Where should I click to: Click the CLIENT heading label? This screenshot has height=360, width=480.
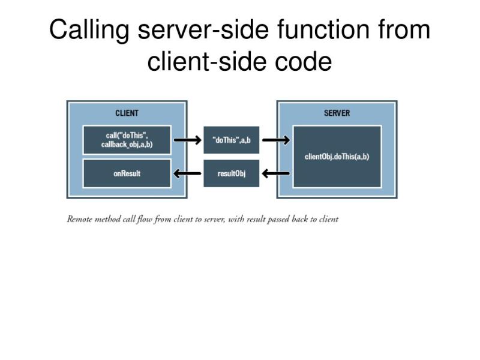[x=127, y=113]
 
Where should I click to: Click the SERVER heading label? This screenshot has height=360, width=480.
[x=337, y=113]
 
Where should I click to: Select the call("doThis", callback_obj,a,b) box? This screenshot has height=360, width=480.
[x=127, y=140]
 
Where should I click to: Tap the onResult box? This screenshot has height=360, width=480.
[x=127, y=173]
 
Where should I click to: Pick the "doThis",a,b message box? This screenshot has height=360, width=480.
[x=232, y=140]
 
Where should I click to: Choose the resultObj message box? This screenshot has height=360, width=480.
[x=232, y=173]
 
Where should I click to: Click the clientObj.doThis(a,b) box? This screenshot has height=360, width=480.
[x=337, y=157]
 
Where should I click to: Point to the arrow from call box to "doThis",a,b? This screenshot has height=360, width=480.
[x=187, y=140]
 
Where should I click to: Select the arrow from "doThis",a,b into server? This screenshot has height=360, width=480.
[x=276, y=140]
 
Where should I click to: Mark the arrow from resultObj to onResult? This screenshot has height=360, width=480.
[x=187, y=174]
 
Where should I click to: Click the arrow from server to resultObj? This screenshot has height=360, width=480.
[x=276, y=174]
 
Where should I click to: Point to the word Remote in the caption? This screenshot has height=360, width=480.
[x=80, y=219]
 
